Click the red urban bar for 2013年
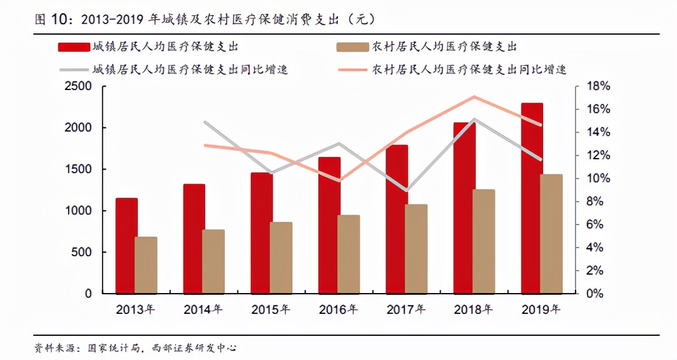point(126,246)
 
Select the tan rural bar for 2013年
point(146,265)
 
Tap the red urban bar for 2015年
point(262,232)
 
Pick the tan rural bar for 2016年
point(349,254)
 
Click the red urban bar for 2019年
point(532,198)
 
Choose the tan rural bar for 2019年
point(551,234)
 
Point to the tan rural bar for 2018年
point(484,241)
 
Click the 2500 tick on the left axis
point(80,87)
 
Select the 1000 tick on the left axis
point(80,211)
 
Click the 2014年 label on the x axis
point(203,309)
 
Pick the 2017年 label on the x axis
point(406,309)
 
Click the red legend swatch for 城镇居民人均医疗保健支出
point(74,47)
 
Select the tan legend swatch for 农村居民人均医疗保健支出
point(352,47)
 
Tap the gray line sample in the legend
point(74,70)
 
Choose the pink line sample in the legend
point(352,70)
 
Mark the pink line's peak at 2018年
point(474,96)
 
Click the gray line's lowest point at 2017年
point(407,190)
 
